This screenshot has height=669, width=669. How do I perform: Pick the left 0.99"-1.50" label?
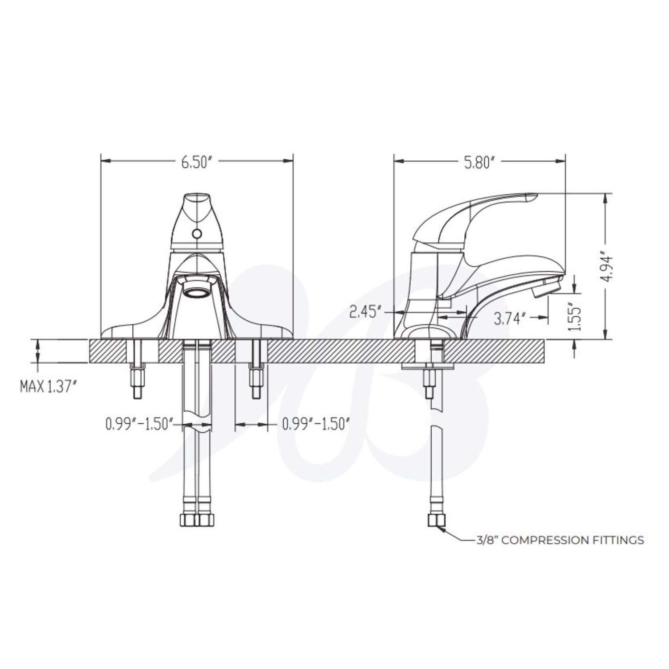coord(139,424)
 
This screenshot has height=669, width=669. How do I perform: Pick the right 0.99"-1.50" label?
coord(315,424)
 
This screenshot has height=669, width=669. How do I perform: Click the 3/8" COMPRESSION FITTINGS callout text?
coord(560,540)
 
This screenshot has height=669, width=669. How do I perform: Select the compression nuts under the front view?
coord(196,520)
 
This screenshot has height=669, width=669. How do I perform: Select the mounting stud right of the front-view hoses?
coord(256,382)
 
